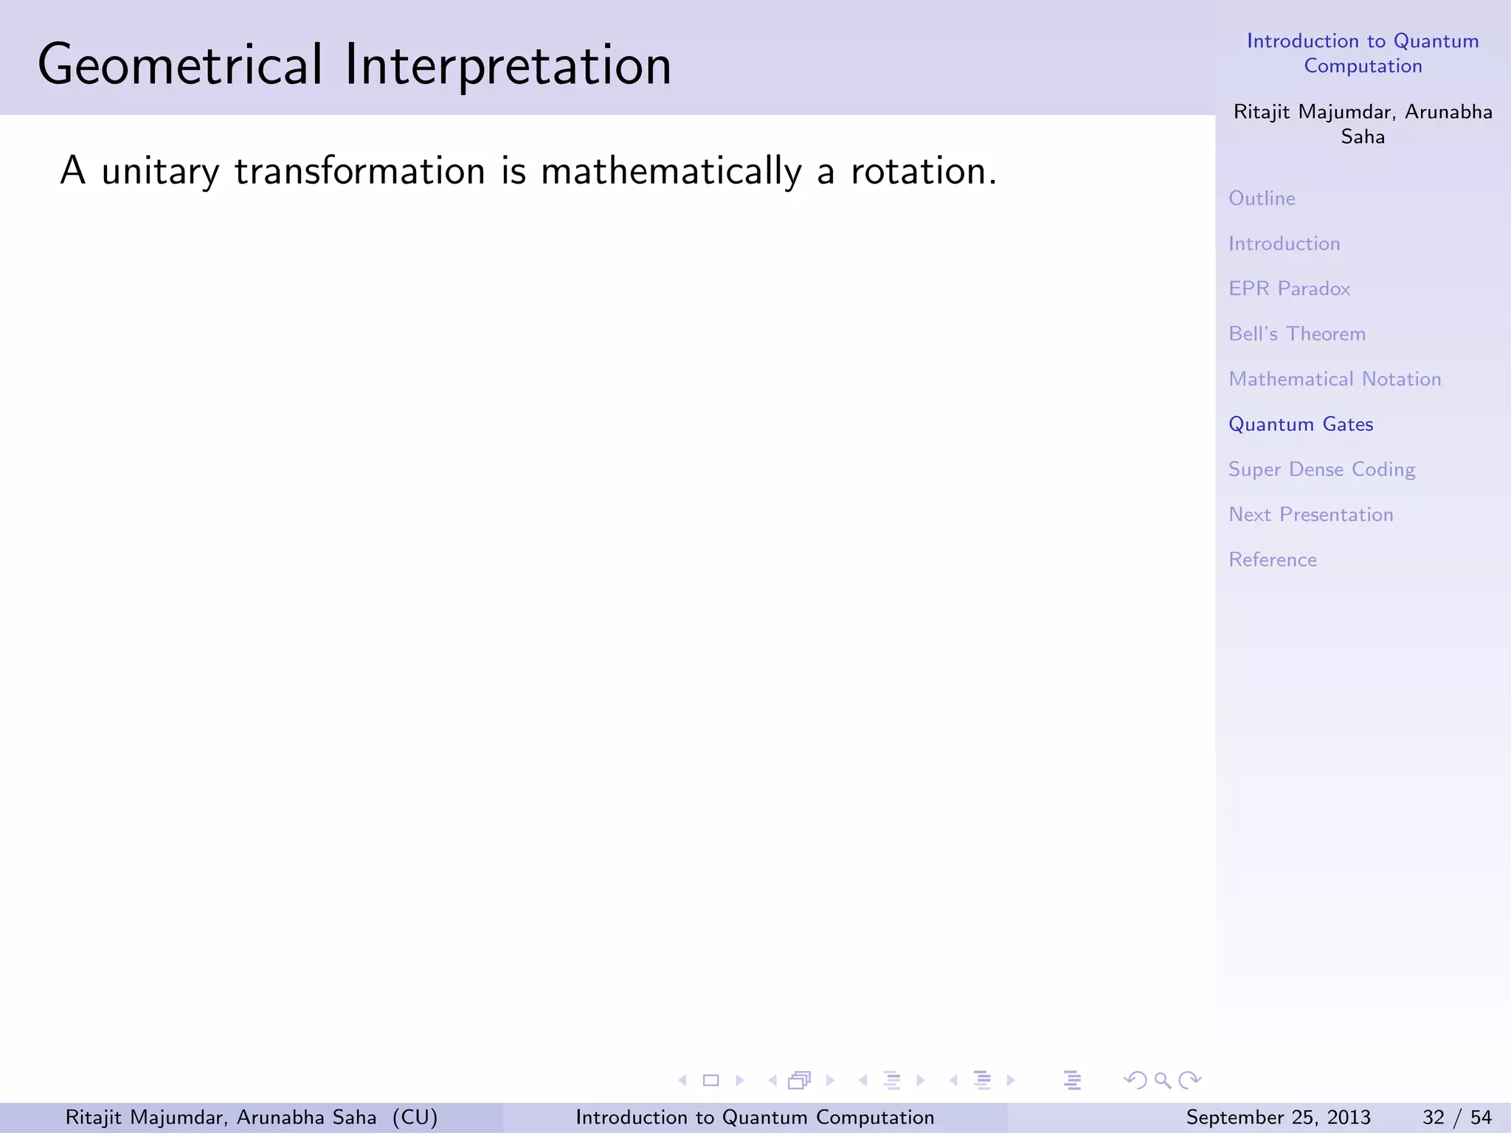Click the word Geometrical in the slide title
coord(180,65)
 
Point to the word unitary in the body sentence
coord(160,171)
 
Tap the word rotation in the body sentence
coord(923,171)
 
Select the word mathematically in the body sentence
coord(671,171)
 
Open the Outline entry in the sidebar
coord(1262,198)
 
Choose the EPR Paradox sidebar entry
coord(1289,288)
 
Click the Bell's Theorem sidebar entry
coord(1297,334)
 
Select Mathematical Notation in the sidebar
coord(1335,379)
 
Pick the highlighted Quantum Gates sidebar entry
coord(1301,424)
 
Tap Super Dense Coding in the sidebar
coord(1321,470)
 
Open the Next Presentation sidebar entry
coord(1310,515)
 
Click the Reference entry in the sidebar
coord(1272,560)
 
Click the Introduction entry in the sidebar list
coord(1284,243)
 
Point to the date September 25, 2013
coord(1278,1118)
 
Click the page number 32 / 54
coord(1456,1118)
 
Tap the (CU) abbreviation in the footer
coord(415,1118)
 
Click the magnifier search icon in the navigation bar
coord(1163,1081)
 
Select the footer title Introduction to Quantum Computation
coord(755,1118)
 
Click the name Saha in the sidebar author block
coord(1362,137)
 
